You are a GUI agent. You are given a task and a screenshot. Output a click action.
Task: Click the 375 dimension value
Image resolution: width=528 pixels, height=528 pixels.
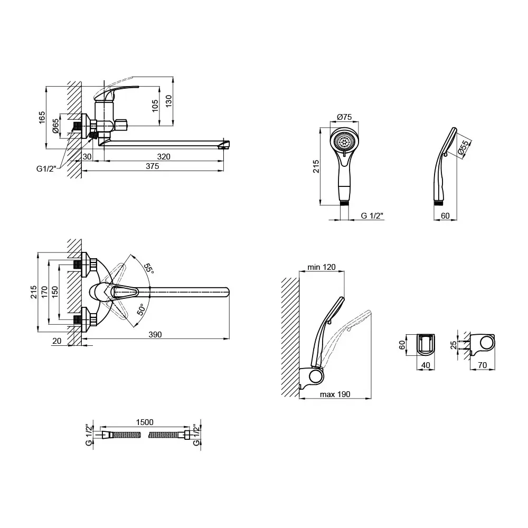coord(152,166)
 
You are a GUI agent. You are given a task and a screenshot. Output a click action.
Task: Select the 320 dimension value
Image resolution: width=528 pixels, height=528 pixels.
coord(164,157)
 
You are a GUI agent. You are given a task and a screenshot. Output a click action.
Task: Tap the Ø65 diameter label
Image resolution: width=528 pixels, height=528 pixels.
coord(55,126)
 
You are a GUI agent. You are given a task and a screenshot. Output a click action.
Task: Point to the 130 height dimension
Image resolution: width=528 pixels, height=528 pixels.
coord(168,101)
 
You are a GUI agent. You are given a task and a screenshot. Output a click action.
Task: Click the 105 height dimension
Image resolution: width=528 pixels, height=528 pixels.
coord(155,106)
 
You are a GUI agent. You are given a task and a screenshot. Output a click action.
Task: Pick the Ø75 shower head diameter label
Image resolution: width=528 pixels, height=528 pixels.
coord(344,117)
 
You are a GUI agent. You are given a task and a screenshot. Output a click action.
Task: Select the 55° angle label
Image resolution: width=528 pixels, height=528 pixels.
coord(148,268)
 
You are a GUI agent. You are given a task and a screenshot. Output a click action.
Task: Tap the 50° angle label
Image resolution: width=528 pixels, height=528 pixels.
coord(141,309)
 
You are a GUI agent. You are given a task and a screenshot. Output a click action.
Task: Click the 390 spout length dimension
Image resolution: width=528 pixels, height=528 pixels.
coord(155,334)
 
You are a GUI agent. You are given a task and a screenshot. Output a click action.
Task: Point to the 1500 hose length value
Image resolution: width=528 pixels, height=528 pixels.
coord(145,422)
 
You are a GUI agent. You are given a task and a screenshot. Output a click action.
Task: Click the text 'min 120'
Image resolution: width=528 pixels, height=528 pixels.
coord(322,267)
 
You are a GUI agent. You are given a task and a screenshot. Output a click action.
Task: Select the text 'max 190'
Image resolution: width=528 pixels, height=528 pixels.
coord(335,394)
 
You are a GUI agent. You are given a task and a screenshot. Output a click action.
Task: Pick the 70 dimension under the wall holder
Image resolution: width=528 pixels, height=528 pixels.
coord(483,365)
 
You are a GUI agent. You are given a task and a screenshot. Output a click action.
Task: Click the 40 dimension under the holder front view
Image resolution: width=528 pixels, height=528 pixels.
coord(426,365)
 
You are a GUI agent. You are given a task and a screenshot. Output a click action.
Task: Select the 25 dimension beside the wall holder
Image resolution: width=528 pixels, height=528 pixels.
coord(454,345)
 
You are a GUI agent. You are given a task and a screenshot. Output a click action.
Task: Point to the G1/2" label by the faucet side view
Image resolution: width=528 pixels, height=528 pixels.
coord(46,169)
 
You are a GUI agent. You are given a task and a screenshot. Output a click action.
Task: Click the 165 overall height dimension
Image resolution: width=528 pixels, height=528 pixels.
coord(42,118)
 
